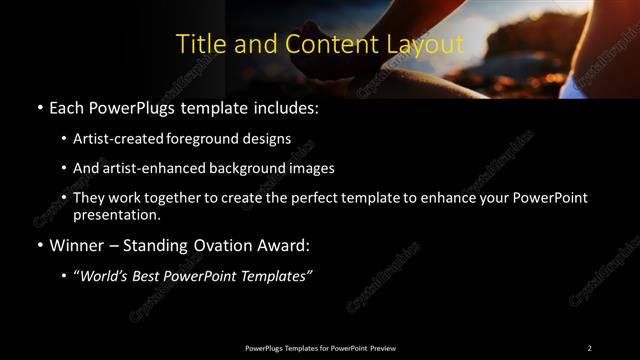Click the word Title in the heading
(199, 44)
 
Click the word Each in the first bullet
(68, 107)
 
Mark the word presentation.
(116, 215)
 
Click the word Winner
(77, 244)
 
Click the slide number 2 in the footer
(589, 348)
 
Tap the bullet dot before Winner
(39, 245)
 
